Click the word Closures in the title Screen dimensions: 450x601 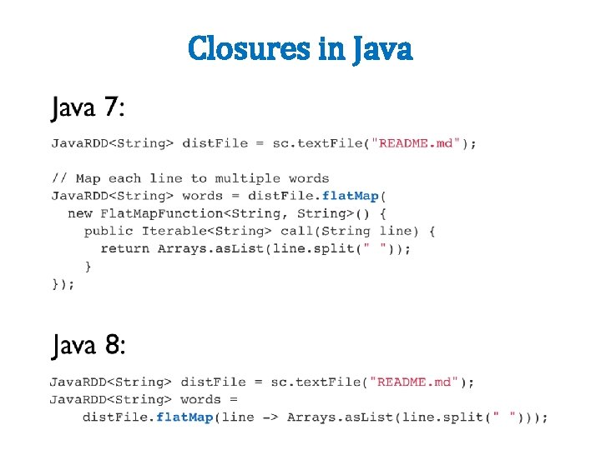click(x=250, y=48)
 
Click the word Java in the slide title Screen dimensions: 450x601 click(x=382, y=48)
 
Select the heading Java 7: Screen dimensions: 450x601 click(x=88, y=107)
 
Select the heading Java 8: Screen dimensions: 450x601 click(x=88, y=345)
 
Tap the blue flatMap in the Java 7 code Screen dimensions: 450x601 click(x=350, y=196)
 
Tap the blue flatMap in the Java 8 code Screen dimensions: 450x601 click(x=184, y=417)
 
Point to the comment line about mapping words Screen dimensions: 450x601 click(x=190, y=178)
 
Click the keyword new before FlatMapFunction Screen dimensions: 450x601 click(x=80, y=213)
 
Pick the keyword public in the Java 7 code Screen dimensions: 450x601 click(x=109, y=231)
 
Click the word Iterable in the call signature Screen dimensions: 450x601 click(x=174, y=231)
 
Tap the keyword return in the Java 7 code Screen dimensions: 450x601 click(x=124, y=248)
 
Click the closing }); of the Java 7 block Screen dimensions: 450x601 click(x=63, y=283)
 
